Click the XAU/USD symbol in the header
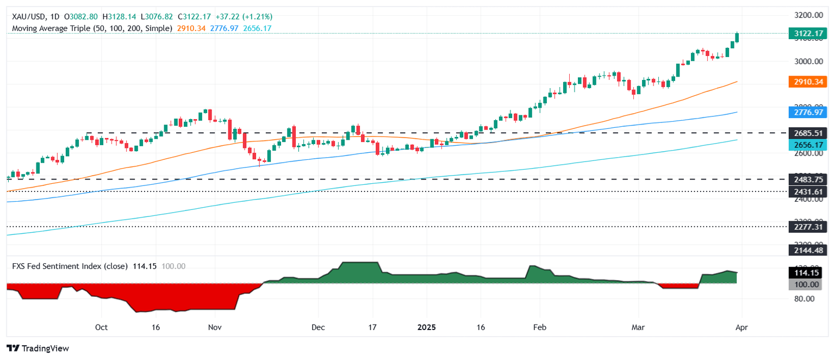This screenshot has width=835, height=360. tap(27, 17)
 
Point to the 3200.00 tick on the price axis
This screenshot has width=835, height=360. tap(807, 15)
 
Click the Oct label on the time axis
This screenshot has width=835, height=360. tap(101, 328)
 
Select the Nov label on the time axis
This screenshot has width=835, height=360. tap(215, 328)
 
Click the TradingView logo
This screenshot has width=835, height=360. tap(38, 348)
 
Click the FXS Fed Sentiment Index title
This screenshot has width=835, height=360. tap(70, 266)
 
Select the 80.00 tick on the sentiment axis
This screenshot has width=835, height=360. tap(803, 299)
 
